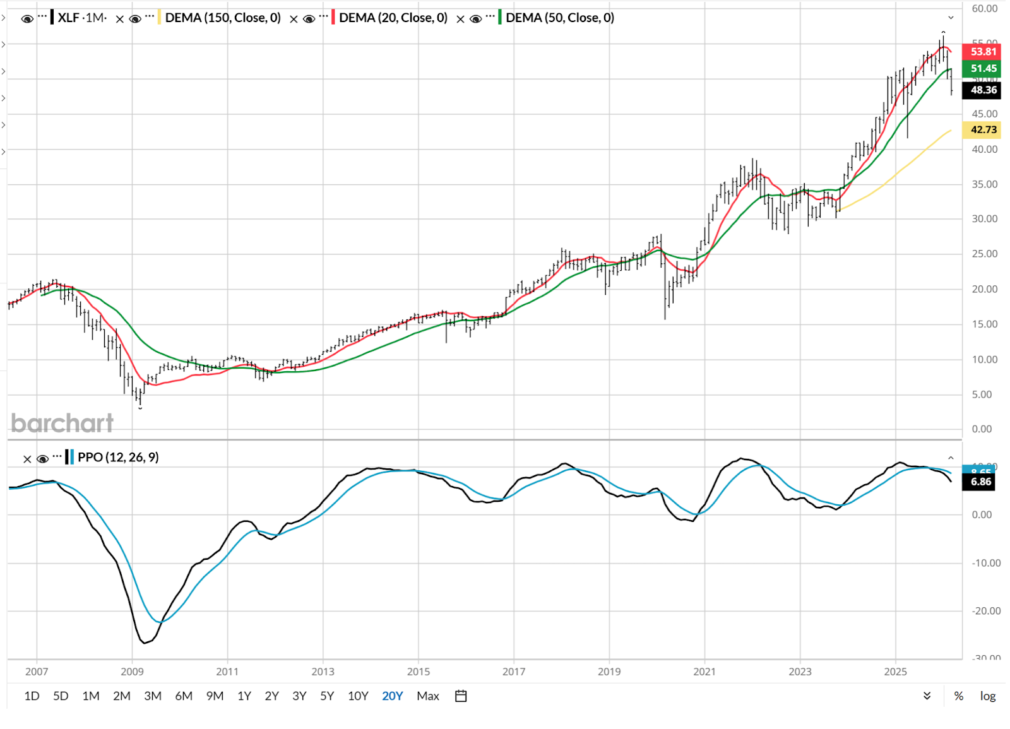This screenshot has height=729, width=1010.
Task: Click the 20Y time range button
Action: [392, 696]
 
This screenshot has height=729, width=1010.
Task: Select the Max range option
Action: [427, 696]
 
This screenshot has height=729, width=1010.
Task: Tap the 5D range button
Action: [61, 696]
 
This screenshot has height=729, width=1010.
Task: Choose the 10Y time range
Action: [358, 696]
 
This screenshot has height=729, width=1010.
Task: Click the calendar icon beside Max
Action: [461, 696]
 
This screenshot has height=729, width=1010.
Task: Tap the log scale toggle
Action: [987, 696]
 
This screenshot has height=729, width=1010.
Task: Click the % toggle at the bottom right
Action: [958, 696]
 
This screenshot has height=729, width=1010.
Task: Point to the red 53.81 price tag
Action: [983, 52]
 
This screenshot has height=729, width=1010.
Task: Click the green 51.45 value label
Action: [983, 68]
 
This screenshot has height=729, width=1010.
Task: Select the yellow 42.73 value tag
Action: [983, 129]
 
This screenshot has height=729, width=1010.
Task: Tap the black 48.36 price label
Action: [983, 90]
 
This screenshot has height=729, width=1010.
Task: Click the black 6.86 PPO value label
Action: [980, 482]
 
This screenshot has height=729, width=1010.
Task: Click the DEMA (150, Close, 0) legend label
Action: [223, 18]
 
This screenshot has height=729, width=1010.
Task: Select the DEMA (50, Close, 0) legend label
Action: [560, 18]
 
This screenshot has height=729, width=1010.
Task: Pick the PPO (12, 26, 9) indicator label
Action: [118, 457]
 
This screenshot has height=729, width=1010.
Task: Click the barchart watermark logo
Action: [62, 423]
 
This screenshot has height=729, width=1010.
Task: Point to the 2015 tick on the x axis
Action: [418, 672]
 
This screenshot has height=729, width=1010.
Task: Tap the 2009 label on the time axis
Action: [132, 672]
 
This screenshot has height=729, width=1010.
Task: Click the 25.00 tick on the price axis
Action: [984, 254]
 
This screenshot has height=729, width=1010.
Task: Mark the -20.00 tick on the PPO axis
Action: [985, 610]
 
